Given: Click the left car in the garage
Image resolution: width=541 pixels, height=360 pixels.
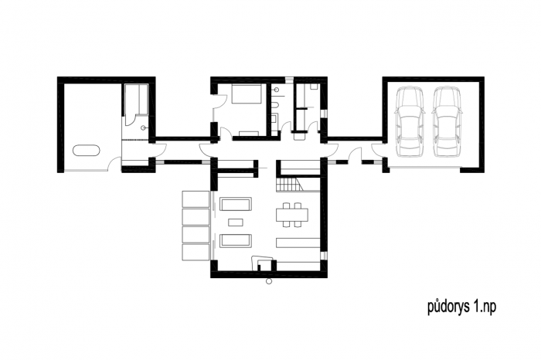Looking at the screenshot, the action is tap(409, 121).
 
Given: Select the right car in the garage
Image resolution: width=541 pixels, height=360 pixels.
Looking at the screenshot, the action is tap(447, 121).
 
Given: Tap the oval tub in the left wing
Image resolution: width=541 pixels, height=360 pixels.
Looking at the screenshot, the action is tap(87, 151).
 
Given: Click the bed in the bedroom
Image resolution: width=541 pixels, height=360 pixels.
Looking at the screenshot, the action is tap(246, 93).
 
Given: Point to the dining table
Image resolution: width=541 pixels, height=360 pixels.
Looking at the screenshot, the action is tap(292, 216).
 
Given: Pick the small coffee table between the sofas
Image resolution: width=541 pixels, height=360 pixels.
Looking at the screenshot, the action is tap(236, 222).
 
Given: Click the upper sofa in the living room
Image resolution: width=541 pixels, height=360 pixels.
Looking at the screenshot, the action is tap(236, 204).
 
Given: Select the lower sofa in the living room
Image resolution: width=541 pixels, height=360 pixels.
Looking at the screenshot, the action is tap(236, 241).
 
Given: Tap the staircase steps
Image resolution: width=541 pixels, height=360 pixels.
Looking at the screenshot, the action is tap(290, 185).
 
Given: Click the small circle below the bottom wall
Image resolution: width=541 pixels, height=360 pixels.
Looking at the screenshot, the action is tap(269, 281).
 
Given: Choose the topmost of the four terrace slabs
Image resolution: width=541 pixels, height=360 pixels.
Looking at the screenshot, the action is tap(196, 199).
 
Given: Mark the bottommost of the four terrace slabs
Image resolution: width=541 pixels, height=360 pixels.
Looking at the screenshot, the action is tap(196, 252).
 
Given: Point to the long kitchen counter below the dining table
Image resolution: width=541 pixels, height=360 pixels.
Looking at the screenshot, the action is tap(298, 243).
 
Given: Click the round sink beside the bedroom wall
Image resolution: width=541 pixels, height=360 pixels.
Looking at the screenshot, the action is tap(276, 90).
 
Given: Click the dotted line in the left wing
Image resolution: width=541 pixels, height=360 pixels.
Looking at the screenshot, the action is tap(136, 140).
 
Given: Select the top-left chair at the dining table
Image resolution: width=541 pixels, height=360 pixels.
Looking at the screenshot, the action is tap(286, 205).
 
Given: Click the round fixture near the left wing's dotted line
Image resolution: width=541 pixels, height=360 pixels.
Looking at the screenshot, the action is tap(143, 128).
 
